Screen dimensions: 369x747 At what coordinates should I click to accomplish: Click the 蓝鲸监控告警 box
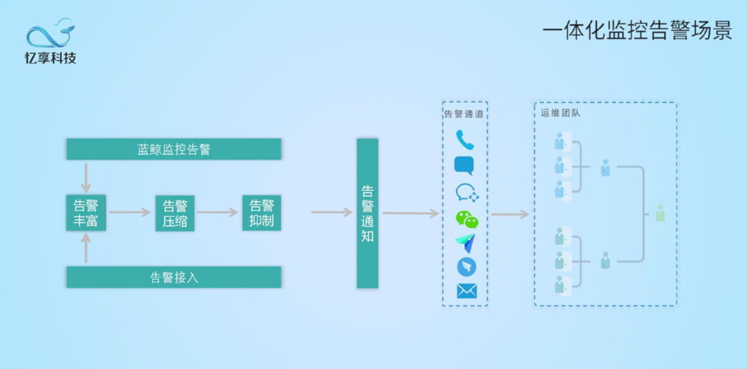[174, 149]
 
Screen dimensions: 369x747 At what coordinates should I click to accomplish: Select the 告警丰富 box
[86, 213]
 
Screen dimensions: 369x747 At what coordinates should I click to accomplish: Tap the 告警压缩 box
[175, 213]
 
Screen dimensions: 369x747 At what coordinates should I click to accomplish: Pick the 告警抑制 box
[261, 213]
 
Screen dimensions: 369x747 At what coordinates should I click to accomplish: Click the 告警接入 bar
[174, 277]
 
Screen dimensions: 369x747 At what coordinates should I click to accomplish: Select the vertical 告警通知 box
[367, 213]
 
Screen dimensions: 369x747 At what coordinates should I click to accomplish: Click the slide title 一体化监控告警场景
[636, 31]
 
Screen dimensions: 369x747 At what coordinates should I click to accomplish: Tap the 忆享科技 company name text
[50, 58]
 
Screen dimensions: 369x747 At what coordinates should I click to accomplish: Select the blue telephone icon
[465, 140]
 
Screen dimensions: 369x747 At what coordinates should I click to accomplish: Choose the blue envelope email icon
[466, 291]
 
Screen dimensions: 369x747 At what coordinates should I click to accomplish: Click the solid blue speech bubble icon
[463, 166]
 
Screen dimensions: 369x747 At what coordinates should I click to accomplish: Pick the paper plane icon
[465, 243]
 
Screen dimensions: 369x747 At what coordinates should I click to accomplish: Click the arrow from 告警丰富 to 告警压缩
[130, 212]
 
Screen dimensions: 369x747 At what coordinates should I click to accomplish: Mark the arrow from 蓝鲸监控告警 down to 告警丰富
[86, 178]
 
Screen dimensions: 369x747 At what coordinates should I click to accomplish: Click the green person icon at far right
[660, 214]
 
